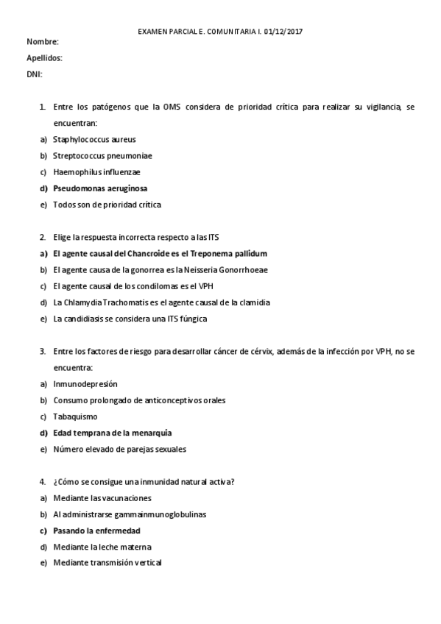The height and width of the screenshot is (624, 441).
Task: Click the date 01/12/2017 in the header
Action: tap(284, 32)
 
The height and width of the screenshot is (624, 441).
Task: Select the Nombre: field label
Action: tap(43, 42)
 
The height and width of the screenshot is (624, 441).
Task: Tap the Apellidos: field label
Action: tap(44, 57)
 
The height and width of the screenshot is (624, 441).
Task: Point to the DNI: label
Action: tap(35, 74)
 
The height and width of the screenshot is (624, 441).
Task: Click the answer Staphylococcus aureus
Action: tap(94, 139)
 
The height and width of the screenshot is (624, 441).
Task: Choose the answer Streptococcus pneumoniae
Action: tap(102, 155)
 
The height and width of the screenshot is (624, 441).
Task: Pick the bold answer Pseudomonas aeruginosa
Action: tap(100, 188)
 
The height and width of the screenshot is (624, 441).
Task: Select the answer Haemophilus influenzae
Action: tap(96, 172)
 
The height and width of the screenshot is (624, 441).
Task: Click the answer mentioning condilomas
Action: tap(133, 286)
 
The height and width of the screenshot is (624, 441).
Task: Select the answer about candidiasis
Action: tap(130, 319)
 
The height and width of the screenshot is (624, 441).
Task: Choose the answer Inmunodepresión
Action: tap(85, 383)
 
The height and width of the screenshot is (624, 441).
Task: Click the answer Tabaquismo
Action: tap(75, 416)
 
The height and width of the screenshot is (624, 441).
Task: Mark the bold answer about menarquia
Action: tap(112, 433)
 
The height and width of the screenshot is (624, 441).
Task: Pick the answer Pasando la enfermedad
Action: tap(96, 530)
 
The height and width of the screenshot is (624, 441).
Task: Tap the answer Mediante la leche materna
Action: tap(102, 547)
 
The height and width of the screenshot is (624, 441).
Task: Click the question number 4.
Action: tap(43, 481)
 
